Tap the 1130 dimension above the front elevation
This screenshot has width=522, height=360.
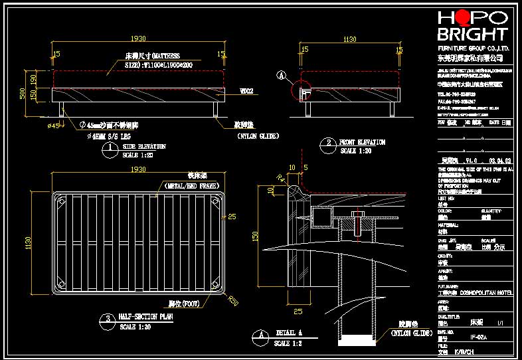tap(349, 39)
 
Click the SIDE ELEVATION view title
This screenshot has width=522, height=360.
tap(144, 146)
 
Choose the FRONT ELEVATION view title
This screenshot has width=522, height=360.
tap(362, 142)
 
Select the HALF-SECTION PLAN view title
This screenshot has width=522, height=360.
tap(146, 317)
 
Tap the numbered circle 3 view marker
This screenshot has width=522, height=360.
tap(107, 321)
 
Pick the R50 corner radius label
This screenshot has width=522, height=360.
tap(233, 300)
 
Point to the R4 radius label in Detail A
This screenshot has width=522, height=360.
tap(281, 178)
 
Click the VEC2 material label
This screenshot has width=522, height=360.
tap(246, 90)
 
